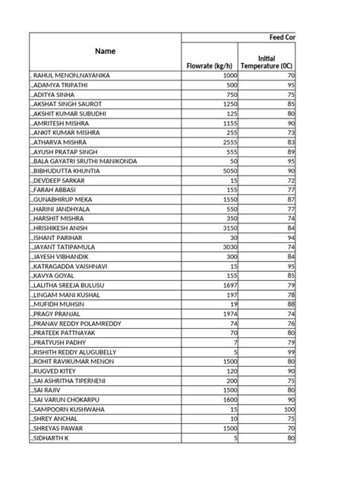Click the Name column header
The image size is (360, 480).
pos(106,52)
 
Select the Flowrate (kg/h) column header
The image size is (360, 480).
pos(210,65)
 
